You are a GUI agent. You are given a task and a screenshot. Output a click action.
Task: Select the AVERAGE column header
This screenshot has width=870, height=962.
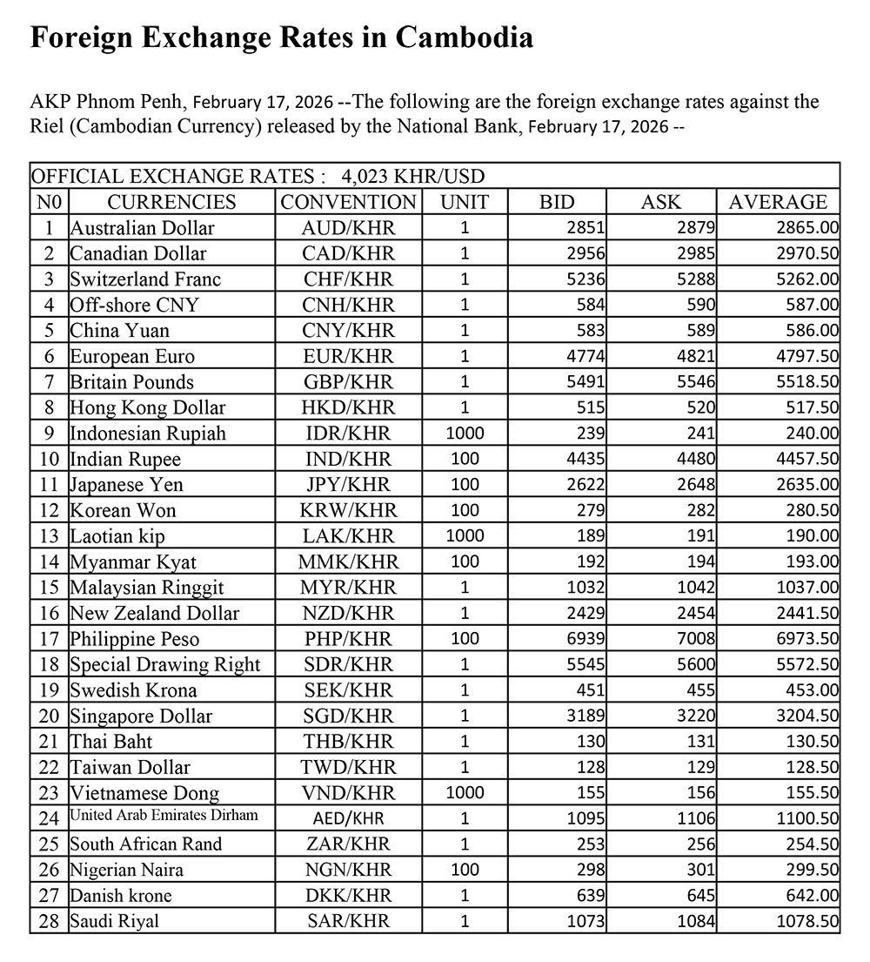(x=778, y=202)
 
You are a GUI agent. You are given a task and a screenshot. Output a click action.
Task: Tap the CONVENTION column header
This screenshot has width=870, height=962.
(x=349, y=202)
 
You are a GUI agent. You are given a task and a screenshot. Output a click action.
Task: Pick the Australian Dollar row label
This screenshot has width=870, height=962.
(x=142, y=228)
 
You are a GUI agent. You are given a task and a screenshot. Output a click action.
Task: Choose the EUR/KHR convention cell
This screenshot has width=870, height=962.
(x=349, y=357)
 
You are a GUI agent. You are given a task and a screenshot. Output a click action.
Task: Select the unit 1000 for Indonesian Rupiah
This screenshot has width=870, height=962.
(x=465, y=434)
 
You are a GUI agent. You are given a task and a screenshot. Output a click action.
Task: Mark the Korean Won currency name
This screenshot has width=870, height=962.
(x=123, y=510)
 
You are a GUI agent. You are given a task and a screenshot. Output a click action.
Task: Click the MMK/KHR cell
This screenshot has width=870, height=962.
(x=349, y=562)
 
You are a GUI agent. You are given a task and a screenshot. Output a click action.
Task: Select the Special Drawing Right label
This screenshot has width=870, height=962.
(x=165, y=665)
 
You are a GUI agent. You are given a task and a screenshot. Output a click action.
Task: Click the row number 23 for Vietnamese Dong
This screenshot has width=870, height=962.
(x=50, y=793)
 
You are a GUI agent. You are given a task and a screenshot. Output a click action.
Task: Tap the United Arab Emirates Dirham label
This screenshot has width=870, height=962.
(x=164, y=817)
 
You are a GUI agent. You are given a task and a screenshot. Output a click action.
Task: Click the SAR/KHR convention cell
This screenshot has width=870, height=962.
(x=349, y=921)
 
